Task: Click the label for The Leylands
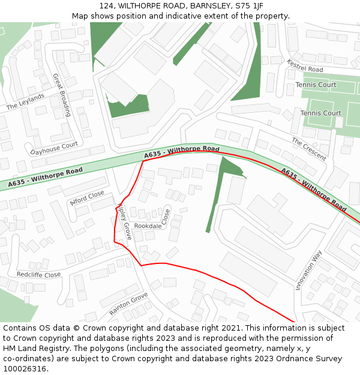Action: coord(25,102)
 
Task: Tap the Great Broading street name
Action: coord(62,95)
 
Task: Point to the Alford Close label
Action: coord(87,197)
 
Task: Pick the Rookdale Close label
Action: coord(151,225)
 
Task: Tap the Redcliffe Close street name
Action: coord(38,274)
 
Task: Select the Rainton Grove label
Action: coord(128,304)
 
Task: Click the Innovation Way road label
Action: coord(308,271)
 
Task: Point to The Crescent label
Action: coord(309,149)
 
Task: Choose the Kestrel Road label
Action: coord(305,66)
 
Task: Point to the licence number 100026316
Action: coord(25,369)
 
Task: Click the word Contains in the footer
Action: coord(19,328)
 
